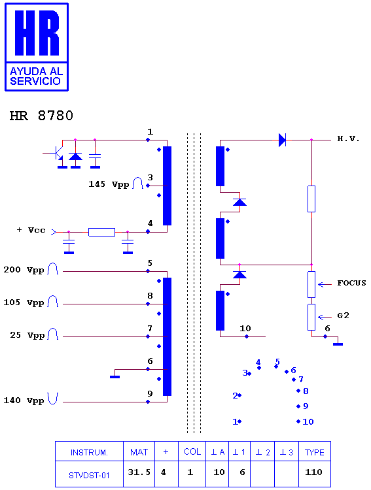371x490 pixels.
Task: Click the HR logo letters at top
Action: point(37,33)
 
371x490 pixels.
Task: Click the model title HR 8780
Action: point(41,116)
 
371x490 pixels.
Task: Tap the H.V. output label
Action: point(348,139)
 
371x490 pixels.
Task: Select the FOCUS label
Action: point(351,283)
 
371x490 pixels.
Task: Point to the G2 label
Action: point(343,316)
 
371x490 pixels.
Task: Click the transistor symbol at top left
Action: point(56,153)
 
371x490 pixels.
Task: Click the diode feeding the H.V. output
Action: point(282,140)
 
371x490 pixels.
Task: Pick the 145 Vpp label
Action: point(109,184)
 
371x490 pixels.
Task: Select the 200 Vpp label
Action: point(24,270)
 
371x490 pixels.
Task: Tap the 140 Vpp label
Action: point(24,400)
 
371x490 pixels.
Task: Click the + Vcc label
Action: point(31,230)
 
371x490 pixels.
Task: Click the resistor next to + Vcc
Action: point(102,232)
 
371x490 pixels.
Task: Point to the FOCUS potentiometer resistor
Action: point(311,284)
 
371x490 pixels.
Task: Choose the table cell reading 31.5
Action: point(139,472)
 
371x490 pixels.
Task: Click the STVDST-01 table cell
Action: point(89,476)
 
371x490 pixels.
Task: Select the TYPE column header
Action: point(315,452)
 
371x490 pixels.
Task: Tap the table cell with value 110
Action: point(313,472)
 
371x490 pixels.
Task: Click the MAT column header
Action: point(139,452)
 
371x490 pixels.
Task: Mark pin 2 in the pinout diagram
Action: point(237,396)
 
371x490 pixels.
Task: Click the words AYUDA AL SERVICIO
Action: point(36,76)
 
